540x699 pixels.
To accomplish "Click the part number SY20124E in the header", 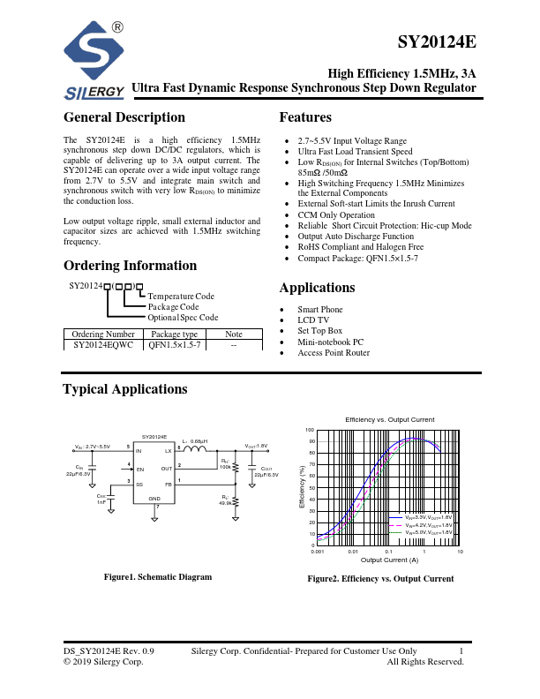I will tap(437, 42).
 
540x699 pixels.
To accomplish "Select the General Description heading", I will tap(124, 117).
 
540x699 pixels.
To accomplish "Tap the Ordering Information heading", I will tap(130, 266).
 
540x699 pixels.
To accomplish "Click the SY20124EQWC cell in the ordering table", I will tap(102, 346).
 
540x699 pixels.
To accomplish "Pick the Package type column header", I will tap(175, 334).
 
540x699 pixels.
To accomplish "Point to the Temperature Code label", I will tap(181, 297).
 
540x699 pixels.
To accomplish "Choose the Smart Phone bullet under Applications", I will tap(320, 310).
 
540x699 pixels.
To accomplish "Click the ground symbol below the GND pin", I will tap(155, 518).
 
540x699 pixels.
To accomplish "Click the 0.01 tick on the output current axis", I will tap(353, 551).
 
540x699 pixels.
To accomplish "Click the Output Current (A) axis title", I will tap(389, 560).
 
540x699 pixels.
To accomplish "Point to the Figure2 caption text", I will tap(380, 579).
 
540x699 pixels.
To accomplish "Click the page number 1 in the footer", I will tap(461, 650).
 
